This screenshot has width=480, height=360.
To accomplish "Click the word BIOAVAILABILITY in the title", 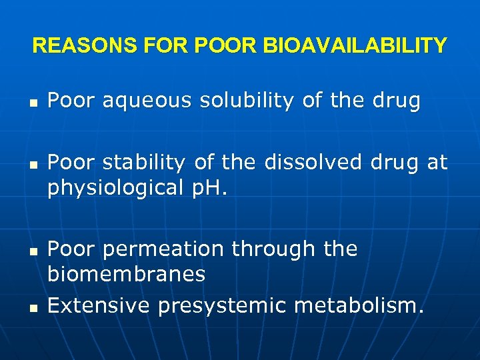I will [355, 46].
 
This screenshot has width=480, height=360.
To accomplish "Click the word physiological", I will [115, 188].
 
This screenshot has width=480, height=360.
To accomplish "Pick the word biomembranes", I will [127, 274].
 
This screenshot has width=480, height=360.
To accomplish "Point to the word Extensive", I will [98, 306].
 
